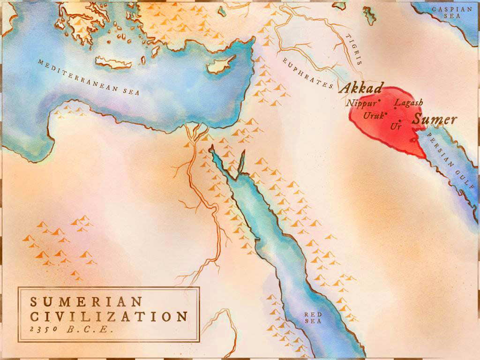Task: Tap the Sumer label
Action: (x=434, y=120)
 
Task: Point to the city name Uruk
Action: (x=374, y=115)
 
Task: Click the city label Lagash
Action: (x=409, y=102)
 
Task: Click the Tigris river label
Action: (x=354, y=49)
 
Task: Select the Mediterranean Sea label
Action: (x=89, y=77)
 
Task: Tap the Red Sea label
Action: (x=313, y=318)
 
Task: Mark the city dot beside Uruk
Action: (x=386, y=112)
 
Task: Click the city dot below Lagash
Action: (x=395, y=109)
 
